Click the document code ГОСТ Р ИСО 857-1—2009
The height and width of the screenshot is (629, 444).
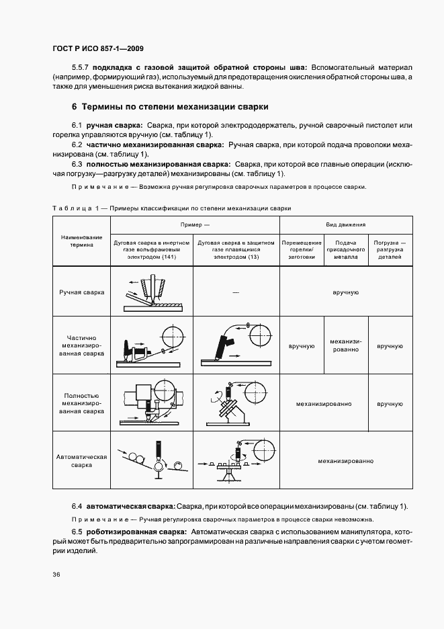[x=97, y=49]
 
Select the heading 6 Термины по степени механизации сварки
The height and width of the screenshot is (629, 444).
[x=170, y=107]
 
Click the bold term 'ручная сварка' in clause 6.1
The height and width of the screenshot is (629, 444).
[x=113, y=126]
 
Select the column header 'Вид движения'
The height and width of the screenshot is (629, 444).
[x=345, y=224]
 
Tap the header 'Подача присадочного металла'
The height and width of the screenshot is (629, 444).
[x=345, y=249]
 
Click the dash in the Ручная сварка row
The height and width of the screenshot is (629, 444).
[x=236, y=293]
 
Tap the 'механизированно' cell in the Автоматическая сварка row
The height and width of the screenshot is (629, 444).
[x=345, y=461]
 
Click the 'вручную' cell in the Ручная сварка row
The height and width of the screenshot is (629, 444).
[x=345, y=293]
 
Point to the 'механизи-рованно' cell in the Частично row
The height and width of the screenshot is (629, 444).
[x=345, y=345]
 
